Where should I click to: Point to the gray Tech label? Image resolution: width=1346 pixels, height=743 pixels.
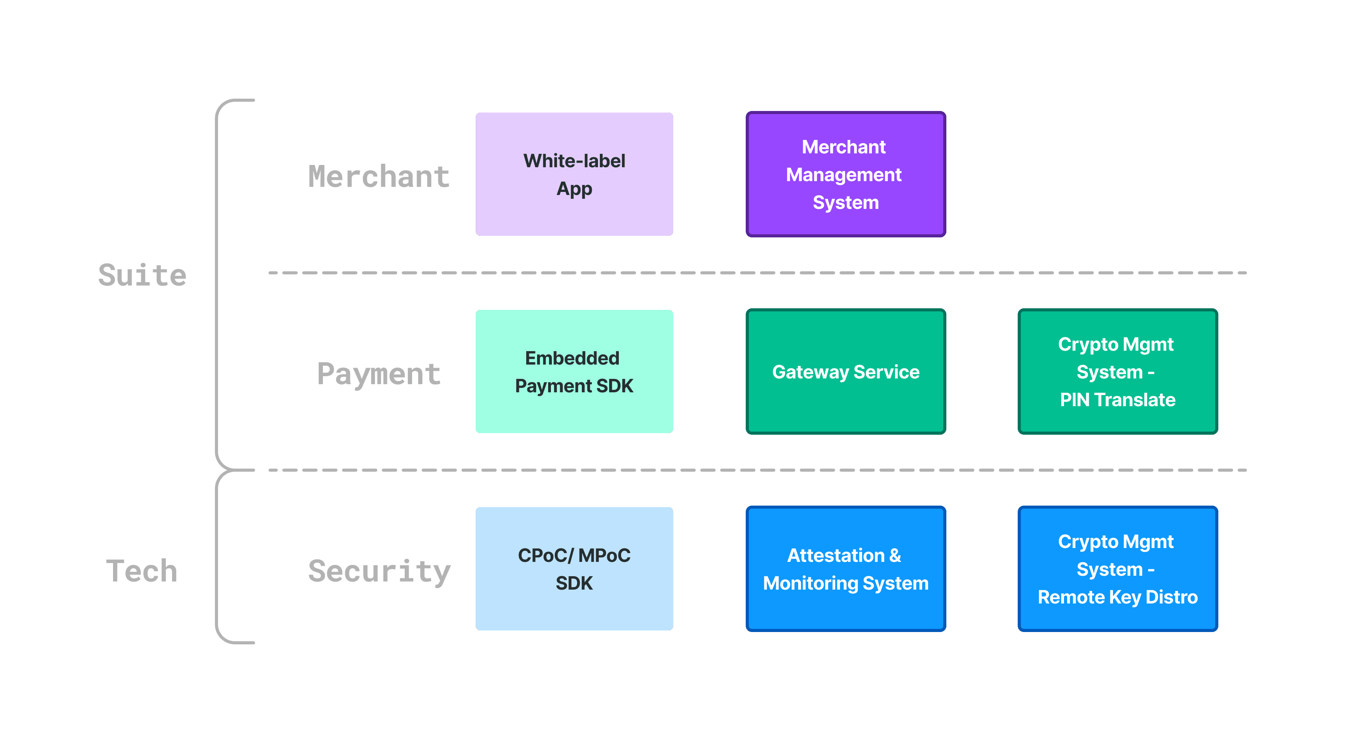click(x=142, y=571)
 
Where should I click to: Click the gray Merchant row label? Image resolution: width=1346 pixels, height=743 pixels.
click(x=379, y=177)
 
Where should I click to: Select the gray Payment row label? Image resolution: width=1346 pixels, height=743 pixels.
click(x=379, y=374)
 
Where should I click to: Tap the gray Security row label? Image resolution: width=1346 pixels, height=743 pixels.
click(x=379, y=571)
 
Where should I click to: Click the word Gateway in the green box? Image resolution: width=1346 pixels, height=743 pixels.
click(x=810, y=372)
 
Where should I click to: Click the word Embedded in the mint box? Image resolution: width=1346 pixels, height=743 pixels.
click(x=572, y=358)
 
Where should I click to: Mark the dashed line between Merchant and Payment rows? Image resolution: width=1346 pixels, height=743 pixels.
click(x=758, y=272)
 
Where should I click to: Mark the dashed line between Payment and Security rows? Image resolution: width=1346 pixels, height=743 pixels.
click(x=758, y=470)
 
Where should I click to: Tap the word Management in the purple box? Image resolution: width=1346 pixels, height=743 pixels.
click(x=843, y=175)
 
